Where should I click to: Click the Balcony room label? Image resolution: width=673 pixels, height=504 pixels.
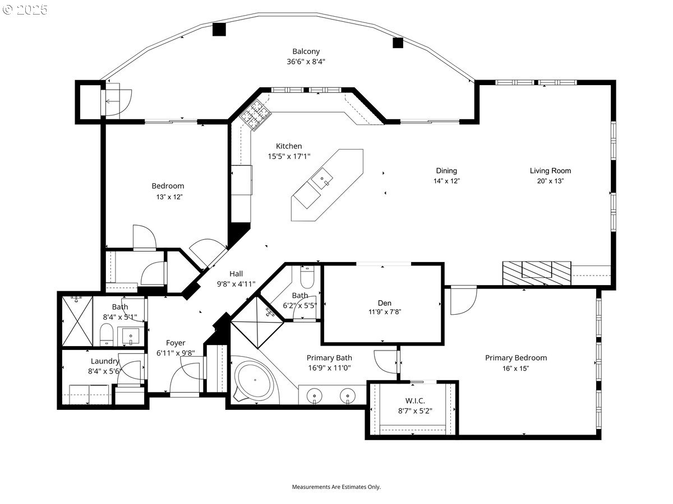tap(306, 52)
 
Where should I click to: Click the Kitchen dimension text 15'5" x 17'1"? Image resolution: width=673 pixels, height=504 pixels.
tap(289, 157)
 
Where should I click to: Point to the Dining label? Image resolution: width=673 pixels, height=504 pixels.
tap(446, 171)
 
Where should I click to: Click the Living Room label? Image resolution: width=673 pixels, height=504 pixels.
tap(550, 171)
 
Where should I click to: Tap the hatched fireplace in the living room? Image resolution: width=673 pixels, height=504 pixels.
tap(536, 273)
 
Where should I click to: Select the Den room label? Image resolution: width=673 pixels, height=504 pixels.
tap(384, 303)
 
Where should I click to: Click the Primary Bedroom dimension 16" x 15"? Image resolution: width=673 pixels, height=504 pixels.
tap(515, 368)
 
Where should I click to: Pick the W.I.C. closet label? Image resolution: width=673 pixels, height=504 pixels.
tap(415, 400)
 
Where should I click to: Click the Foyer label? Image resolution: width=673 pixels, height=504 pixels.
tap(176, 343)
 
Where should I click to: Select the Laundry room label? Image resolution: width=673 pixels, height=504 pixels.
tap(105, 361)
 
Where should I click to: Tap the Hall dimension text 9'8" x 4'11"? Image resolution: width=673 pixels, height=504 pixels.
tap(236, 284)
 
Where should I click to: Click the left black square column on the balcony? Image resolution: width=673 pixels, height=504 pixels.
tap(219, 29)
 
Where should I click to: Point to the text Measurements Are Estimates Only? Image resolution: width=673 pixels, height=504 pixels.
tap(336, 487)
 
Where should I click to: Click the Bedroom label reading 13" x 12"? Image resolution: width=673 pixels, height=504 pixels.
tap(168, 197)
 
